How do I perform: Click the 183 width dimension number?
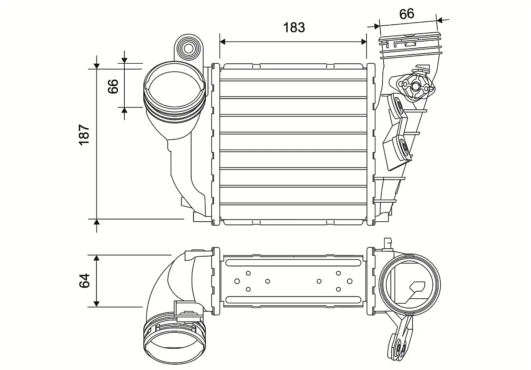[294, 27]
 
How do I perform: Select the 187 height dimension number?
[85, 135]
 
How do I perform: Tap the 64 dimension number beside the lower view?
[85, 280]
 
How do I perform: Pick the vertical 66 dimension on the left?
[113, 85]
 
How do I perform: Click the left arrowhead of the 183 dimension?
[223, 42]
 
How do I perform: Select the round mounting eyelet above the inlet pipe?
[189, 48]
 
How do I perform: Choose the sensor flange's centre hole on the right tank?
[416, 87]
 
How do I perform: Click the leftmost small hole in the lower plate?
[237, 281]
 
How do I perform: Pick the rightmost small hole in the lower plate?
[350, 281]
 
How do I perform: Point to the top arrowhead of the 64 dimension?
[96, 258]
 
